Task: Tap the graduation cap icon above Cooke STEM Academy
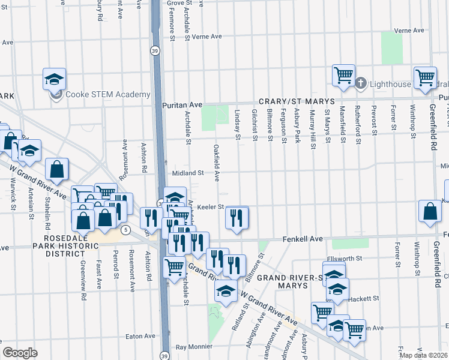click(54, 79)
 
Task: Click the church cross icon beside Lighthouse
click(361, 83)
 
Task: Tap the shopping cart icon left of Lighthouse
click(343, 76)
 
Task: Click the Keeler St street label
click(211, 207)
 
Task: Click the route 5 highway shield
click(125, 230)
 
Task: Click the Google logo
click(20, 352)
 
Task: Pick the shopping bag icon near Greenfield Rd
click(430, 211)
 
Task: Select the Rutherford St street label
click(357, 126)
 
